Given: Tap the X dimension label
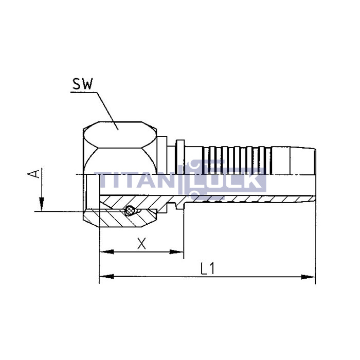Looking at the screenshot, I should (x=142, y=243).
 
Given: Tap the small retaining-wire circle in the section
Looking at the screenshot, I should (x=132, y=210).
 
